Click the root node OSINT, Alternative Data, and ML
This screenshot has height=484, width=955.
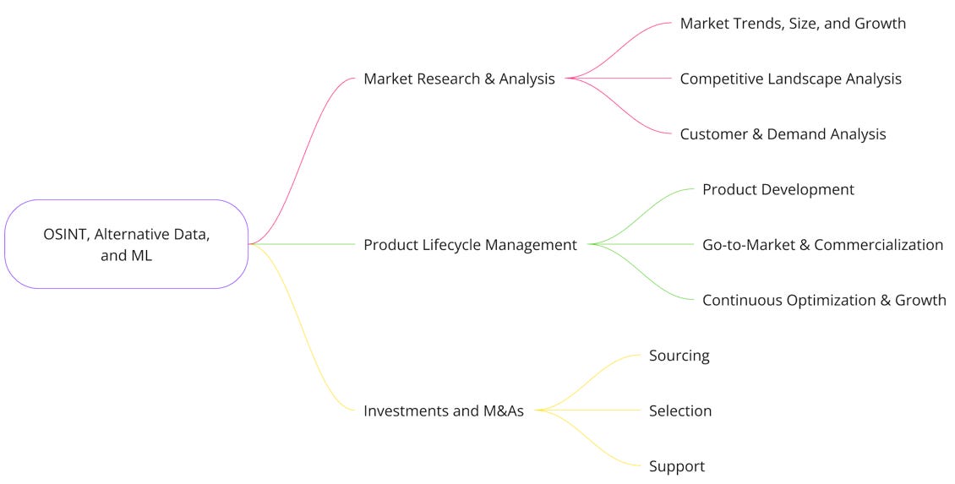[x=126, y=243]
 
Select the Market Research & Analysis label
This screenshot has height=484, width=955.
[x=459, y=79]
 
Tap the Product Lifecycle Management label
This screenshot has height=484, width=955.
[x=470, y=245]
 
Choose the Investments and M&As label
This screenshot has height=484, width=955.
[x=444, y=411]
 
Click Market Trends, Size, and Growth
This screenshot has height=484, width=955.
[x=793, y=24]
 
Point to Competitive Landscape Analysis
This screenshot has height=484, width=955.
[x=790, y=79]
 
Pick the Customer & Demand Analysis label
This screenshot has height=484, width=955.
[x=783, y=134]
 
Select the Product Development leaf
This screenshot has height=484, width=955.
[x=778, y=190]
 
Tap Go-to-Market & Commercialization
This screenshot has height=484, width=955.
[x=822, y=245]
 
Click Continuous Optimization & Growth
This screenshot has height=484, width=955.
[x=824, y=301]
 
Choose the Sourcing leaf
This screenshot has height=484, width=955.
[x=679, y=356]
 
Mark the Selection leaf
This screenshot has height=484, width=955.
[x=680, y=411]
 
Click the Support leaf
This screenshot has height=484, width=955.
[x=676, y=466]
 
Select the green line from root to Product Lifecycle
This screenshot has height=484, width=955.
[x=304, y=245]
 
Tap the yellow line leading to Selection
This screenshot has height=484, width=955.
[x=592, y=411]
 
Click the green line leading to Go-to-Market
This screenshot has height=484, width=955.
[x=642, y=245]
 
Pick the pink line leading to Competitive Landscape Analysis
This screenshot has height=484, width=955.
[x=621, y=79]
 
